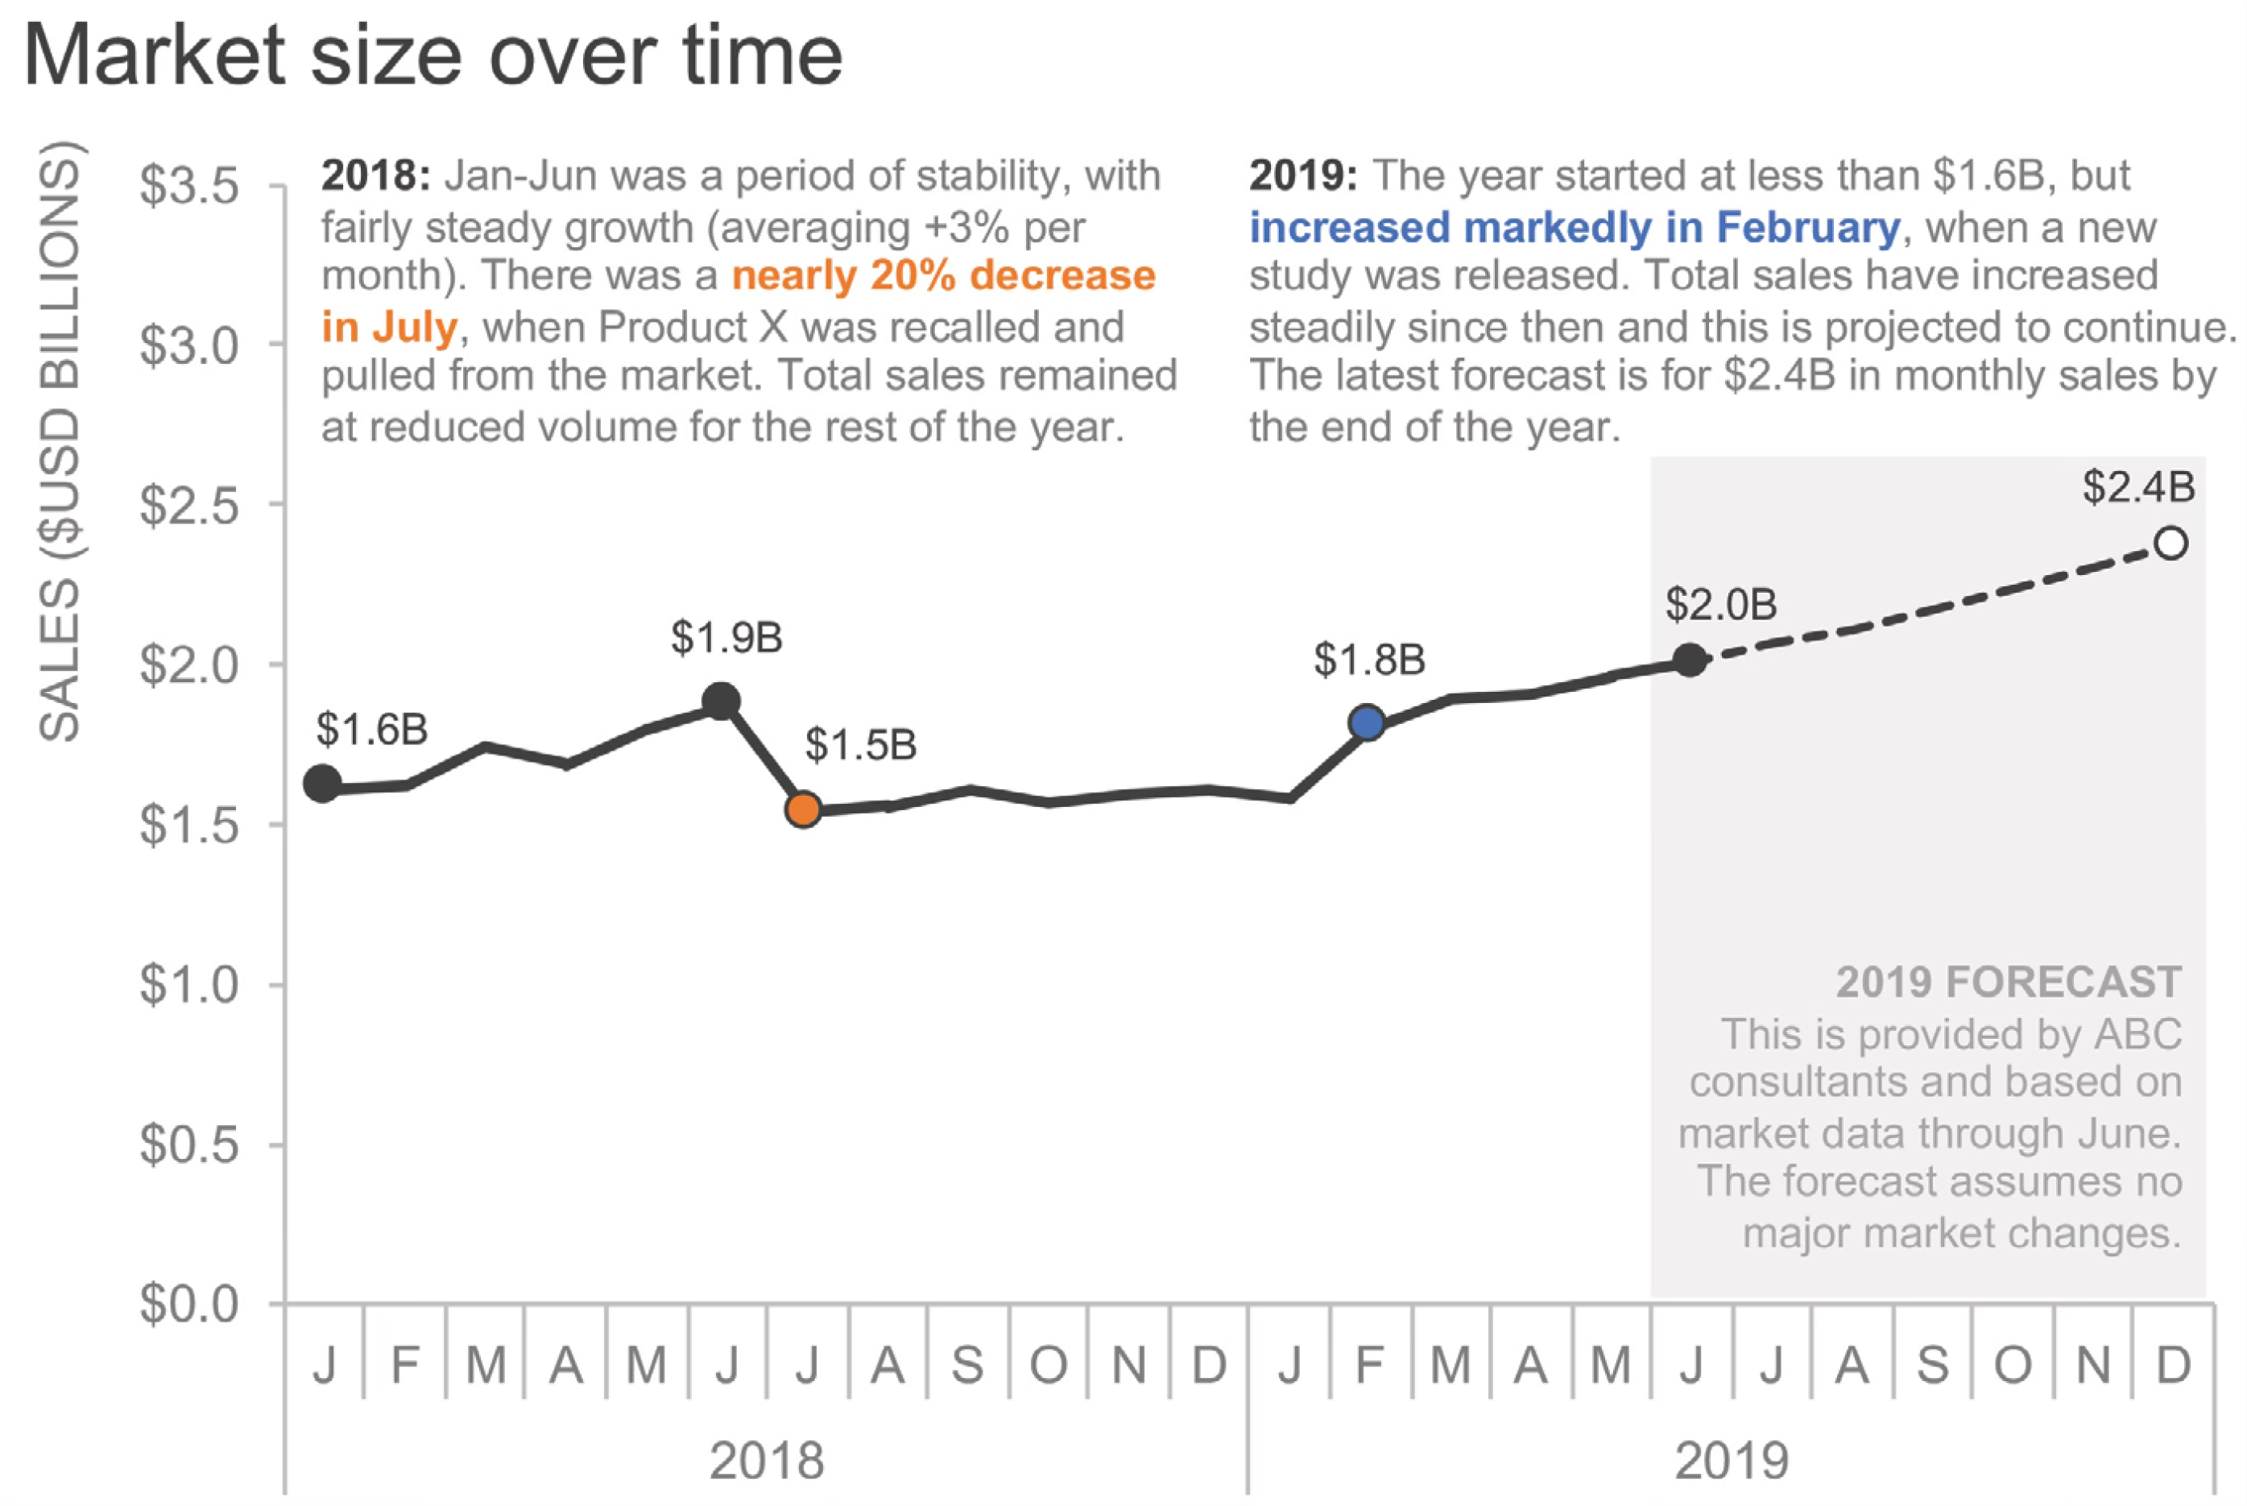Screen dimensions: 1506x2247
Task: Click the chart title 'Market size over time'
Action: pyautogui.click(x=432, y=56)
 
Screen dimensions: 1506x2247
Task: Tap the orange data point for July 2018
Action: pyautogui.click(x=804, y=809)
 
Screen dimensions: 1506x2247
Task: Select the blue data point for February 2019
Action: pyautogui.click(x=1367, y=722)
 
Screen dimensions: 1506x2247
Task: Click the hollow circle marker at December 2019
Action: pyautogui.click(x=2171, y=544)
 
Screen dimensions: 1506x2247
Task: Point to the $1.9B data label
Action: pyautogui.click(x=727, y=638)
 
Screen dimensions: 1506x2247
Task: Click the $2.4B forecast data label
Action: pyautogui.click(x=2138, y=487)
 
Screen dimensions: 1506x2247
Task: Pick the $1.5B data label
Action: pyautogui.click(x=860, y=745)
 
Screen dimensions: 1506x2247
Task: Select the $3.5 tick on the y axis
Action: pyautogui.click(x=189, y=185)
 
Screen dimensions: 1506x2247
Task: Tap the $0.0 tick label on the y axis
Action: pyautogui.click(x=189, y=1305)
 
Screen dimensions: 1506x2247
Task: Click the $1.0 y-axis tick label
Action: pyautogui.click(x=189, y=984)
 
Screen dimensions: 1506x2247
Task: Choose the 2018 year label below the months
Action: pyautogui.click(x=766, y=1461)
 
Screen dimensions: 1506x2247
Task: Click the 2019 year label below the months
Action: pyautogui.click(x=1732, y=1461)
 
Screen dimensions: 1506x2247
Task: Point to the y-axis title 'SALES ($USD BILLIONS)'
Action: pyautogui.click(x=60, y=442)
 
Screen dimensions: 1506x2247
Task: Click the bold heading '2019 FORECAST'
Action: pyautogui.click(x=2008, y=982)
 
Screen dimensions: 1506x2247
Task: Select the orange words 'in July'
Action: pyautogui.click(x=390, y=328)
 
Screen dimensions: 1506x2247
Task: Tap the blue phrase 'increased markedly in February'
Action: pyautogui.click(x=1574, y=229)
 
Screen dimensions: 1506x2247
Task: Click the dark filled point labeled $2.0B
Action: pyautogui.click(x=1689, y=660)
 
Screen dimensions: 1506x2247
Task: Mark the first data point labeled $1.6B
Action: pyautogui.click(x=323, y=784)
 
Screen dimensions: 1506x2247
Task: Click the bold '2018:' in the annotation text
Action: pyautogui.click(x=375, y=176)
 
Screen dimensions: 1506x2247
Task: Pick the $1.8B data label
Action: pyautogui.click(x=1369, y=660)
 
